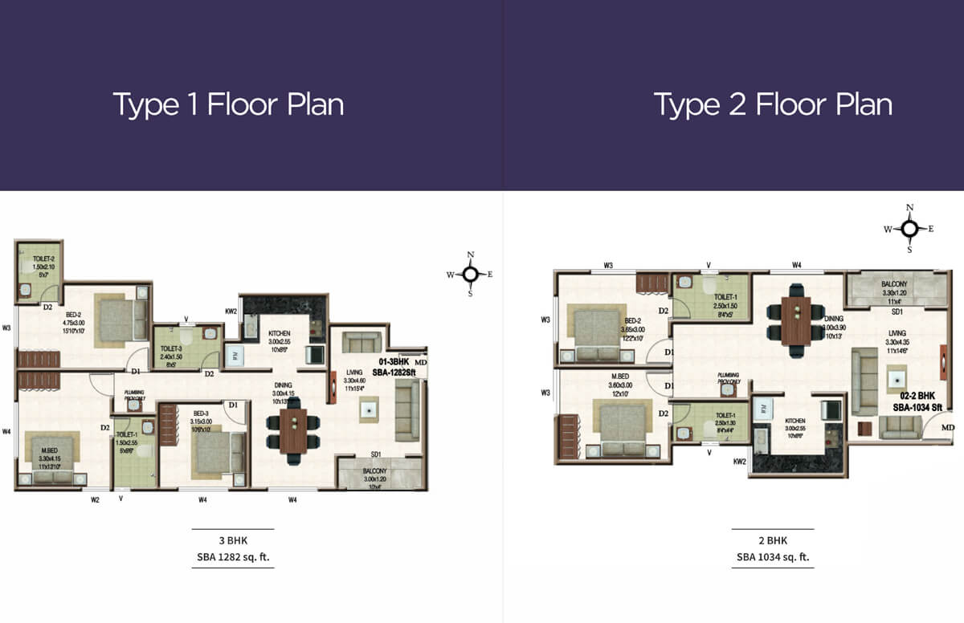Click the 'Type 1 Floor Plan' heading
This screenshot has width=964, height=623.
tap(228, 105)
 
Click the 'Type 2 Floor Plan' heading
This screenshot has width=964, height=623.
tap(772, 105)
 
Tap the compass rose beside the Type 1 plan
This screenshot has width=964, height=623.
tap(471, 274)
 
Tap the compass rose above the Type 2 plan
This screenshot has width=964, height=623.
tap(909, 229)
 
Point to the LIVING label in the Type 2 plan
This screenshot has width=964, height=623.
tap(897, 333)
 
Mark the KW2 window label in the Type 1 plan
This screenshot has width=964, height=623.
tap(231, 309)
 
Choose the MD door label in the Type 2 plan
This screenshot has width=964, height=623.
tap(948, 428)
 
